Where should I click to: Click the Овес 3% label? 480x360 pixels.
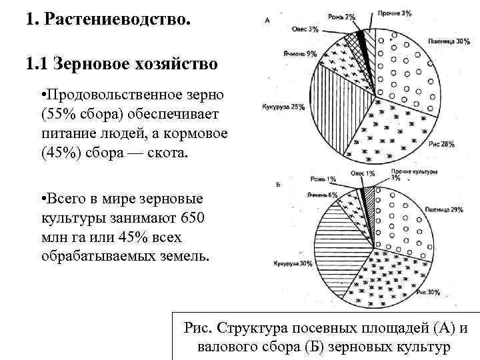pyautogui.click(x=305, y=29)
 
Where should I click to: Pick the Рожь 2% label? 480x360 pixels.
pyautogui.click(x=341, y=16)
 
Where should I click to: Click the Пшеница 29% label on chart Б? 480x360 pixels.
pyautogui.click(x=447, y=210)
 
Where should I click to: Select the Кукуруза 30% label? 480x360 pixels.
pyautogui.click(x=292, y=263)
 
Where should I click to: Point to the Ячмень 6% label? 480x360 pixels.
pyautogui.click(x=322, y=195)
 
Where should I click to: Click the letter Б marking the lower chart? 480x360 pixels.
pyautogui.click(x=276, y=183)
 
